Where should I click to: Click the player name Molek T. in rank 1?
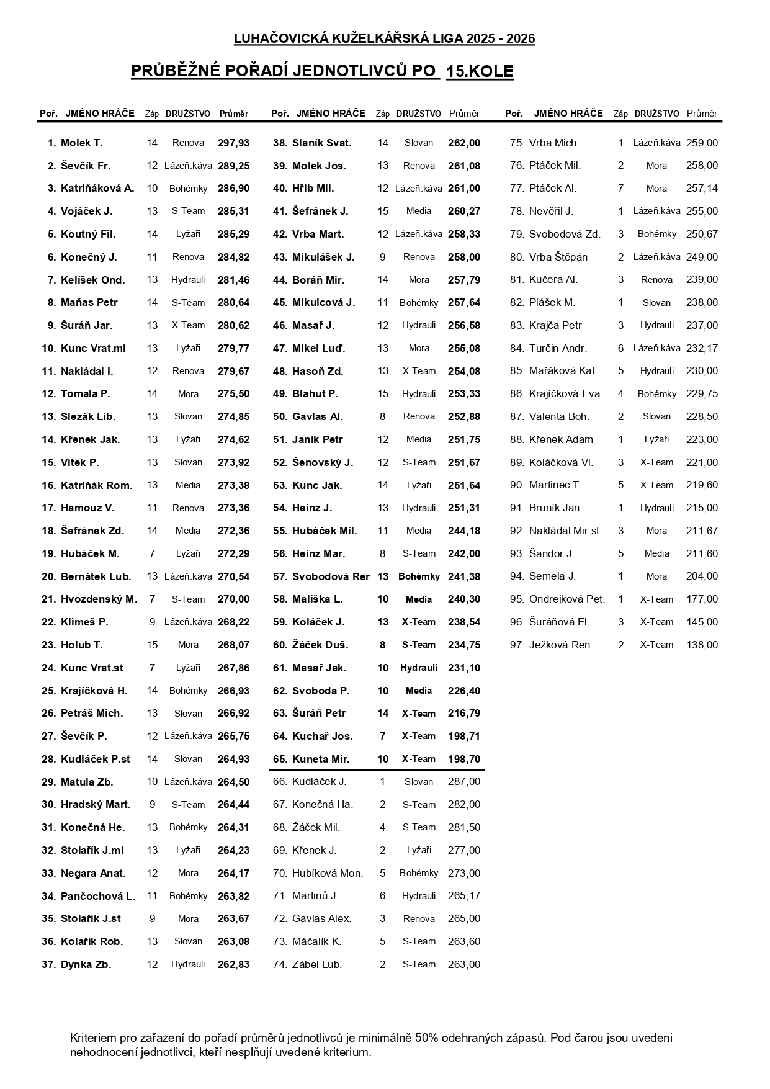[81, 143]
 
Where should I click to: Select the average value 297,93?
[233, 143]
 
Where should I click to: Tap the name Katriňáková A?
[97, 189]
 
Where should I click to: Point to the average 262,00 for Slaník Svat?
[464, 143]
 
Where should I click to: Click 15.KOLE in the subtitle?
[480, 72]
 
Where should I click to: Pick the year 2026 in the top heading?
[521, 39]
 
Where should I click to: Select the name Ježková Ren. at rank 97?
[561, 645]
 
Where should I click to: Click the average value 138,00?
[702, 645]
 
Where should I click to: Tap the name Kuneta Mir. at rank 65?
[321, 759]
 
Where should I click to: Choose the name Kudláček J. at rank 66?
[319, 782]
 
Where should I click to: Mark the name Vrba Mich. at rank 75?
[554, 143]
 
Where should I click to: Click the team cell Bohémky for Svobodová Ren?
[419, 576]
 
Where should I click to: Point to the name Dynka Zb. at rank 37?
[86, 964]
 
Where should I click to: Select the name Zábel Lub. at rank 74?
[317, 964]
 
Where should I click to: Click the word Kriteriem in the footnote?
[94, 1038]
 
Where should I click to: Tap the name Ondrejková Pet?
[566, 599]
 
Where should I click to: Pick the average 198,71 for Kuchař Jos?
[464, 736]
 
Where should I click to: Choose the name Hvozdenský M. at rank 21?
[99, 599]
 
